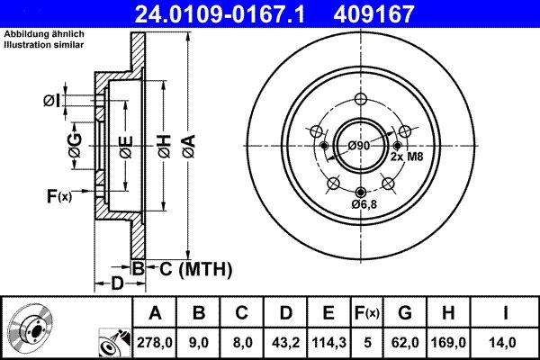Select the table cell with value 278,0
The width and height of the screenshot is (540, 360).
(x=155, y=342)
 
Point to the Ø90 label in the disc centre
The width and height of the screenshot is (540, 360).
(x=359, y=146)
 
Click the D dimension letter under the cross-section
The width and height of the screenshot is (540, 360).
(x=116, y=284)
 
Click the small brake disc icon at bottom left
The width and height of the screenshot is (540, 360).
(x=30, y=328)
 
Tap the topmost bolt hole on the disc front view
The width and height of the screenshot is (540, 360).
(x=361, y=99)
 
